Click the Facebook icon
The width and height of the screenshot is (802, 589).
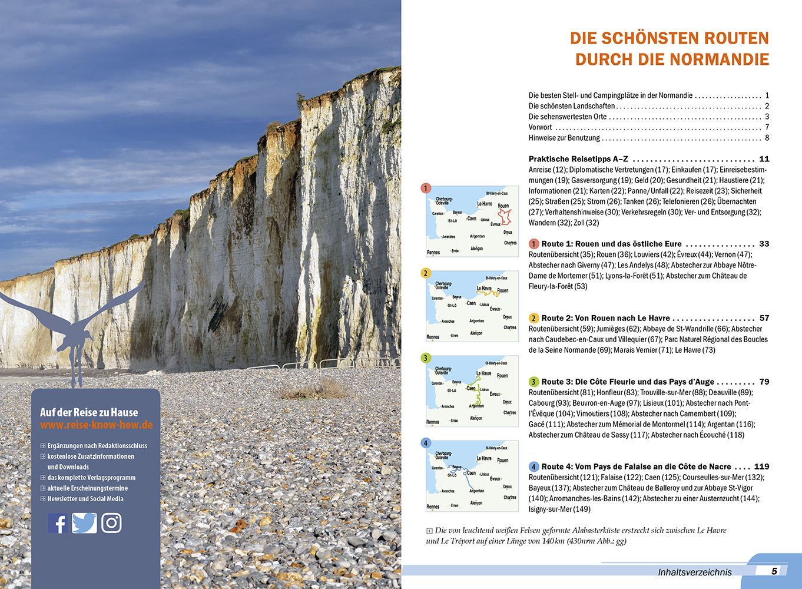coord(58,523)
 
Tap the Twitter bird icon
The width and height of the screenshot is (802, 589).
coord(84,523)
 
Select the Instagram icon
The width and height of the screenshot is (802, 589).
coord(111,523)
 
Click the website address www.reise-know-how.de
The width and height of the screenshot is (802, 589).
coord(96,425)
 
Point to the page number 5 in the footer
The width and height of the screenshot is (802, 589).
coord(774,571)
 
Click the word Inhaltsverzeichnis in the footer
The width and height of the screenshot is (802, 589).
coord(695,572)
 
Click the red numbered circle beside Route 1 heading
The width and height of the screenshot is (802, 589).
coord(533,244)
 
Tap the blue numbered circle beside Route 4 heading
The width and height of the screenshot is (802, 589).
coord(533,466)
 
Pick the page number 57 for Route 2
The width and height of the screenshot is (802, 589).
coord(764,318)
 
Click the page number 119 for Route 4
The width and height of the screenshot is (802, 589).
coord(761,466)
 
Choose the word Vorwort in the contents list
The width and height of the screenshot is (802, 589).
coord(540,127)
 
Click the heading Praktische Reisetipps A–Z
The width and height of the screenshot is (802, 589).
coord(578,159)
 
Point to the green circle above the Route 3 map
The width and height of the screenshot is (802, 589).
coord(426,358)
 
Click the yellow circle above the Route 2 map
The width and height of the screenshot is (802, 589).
coord(426,273)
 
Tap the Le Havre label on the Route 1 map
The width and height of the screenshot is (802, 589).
coord(484,204)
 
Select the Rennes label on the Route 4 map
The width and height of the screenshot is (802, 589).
coord(433,507)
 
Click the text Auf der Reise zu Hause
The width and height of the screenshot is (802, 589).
coord(89,412)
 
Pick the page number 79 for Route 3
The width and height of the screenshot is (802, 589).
coord(764,382)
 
